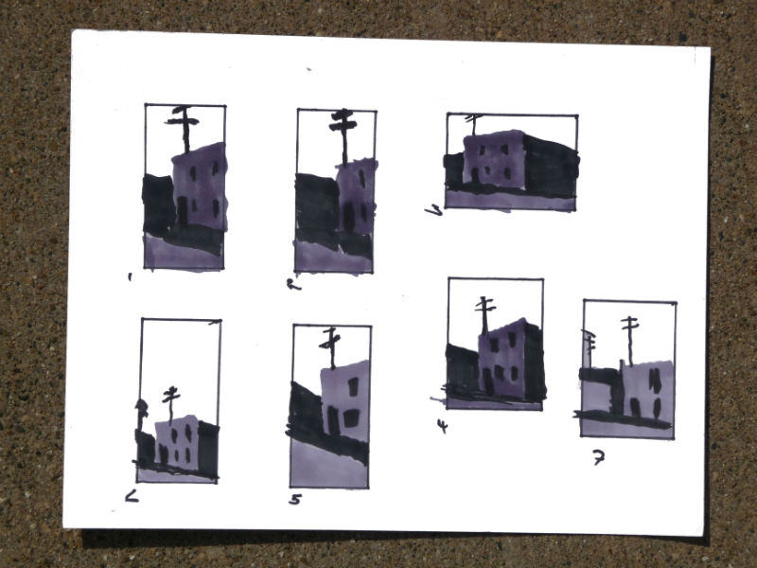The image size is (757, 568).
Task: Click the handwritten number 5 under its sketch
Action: [295, 499]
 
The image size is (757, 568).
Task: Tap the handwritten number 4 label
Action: [442, 426]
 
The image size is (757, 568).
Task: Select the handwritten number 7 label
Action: [598, 458]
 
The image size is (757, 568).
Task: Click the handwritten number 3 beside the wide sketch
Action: [435, 210]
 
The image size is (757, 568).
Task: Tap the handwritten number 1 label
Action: [130, 277]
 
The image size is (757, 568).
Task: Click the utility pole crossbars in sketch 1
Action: [183, 118]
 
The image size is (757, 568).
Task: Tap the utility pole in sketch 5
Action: [331, 346]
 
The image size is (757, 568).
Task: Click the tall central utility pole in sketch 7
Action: [629, 339]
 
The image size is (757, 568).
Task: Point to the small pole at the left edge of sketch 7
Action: [589, 343]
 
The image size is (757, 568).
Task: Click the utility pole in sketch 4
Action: [485, 312]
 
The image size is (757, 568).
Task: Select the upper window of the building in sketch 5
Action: [353, 386]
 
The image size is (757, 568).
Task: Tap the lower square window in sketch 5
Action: [351, 417]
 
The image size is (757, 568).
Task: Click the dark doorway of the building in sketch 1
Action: [182, 210]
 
